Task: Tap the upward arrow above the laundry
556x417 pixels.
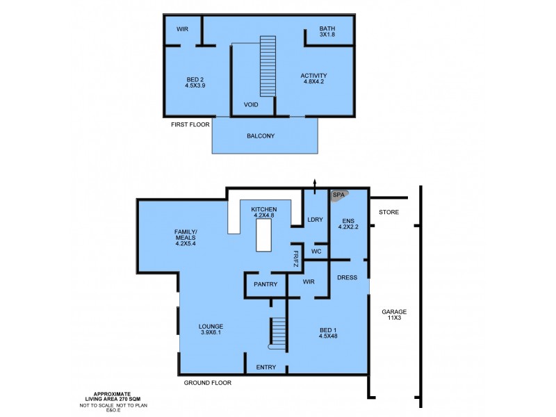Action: [315, 183]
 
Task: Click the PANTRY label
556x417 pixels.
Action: [265, 284]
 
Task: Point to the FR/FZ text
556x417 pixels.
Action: [295, 259]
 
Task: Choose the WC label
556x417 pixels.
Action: [316, 251]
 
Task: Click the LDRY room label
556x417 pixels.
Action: [315, 220]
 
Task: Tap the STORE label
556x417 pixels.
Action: [389, 212]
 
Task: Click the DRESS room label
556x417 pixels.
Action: [347, 277]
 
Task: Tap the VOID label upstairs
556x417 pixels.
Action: [251, 105]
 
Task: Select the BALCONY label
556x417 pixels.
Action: [261, 136]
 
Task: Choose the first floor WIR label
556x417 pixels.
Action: [182, 29]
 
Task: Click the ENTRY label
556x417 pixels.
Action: [266, 367]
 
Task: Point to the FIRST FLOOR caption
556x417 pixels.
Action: [191, 124]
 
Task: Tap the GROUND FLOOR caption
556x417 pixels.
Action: [207, 383]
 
